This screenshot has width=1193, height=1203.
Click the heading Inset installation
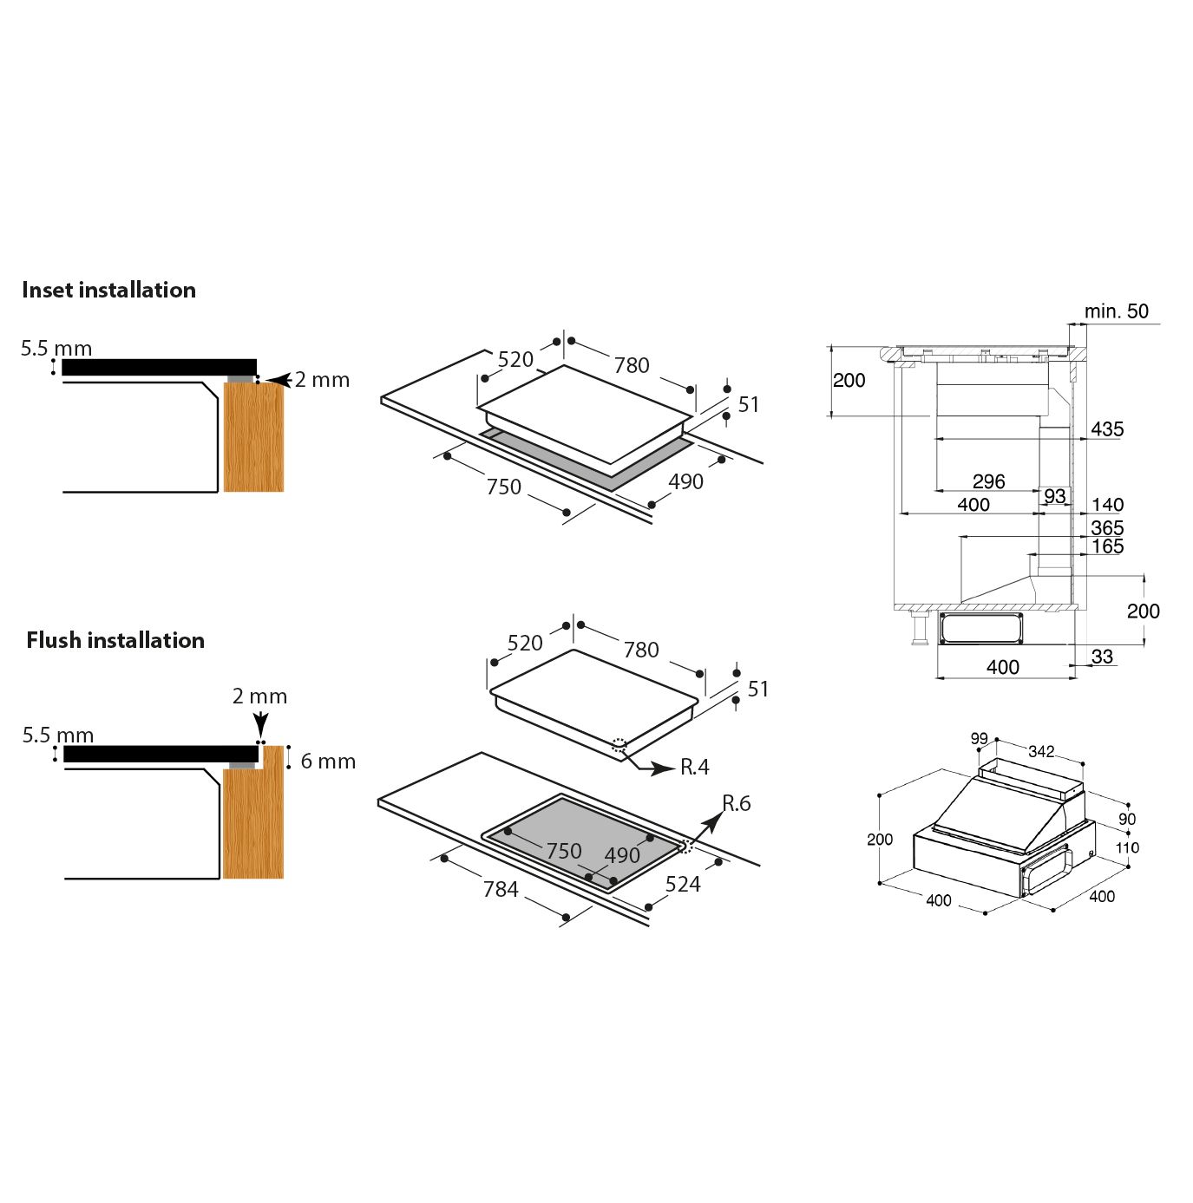[108, 290]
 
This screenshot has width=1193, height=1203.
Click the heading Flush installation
[115, 640]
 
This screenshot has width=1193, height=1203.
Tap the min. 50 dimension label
[1116, 311]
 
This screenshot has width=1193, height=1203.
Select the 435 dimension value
[1107, 428]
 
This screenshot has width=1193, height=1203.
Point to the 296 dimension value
[988, 481]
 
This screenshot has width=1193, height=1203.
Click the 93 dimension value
[1054, 495]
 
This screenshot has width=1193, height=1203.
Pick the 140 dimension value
[1107, 505]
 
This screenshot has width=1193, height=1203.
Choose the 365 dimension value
[1107, 527]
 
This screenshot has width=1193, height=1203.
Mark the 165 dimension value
[1107, 546]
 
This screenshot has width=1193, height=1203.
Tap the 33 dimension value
[1102, 656]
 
